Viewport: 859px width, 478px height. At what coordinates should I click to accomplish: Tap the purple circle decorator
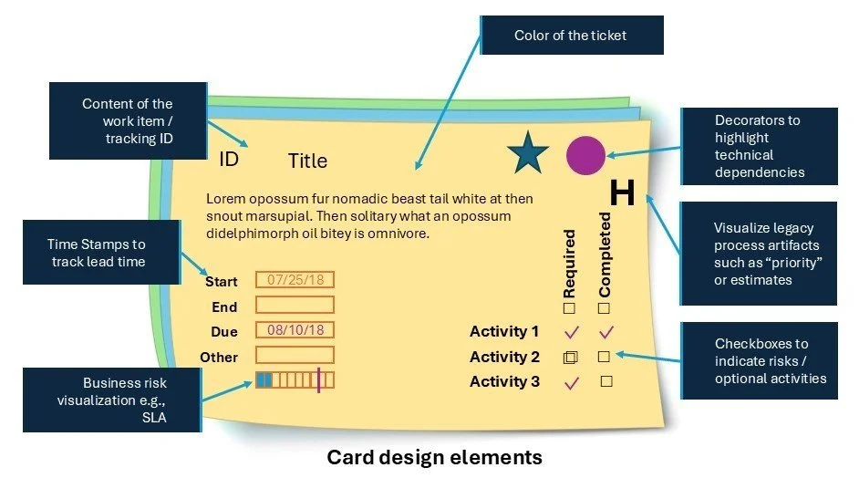coord(585,154)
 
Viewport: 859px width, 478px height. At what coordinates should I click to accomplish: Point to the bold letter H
coord(622,192)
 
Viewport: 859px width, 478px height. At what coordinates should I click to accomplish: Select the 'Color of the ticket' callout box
coord(572,36)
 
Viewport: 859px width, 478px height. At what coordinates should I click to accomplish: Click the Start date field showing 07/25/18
coord(295,280)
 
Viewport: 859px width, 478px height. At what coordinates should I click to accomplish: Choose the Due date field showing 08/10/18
coord(295,330)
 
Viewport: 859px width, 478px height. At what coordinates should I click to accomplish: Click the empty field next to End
coord(295,305)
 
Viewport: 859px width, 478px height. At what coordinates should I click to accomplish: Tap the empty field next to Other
coord(295,355)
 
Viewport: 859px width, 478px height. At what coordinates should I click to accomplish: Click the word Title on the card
coord(307,161)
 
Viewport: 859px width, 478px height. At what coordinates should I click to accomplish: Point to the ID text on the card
coord(229,160)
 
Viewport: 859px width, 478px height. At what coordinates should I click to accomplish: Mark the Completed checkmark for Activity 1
coord(605,332)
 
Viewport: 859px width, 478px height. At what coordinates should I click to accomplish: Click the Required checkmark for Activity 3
coord(572,382)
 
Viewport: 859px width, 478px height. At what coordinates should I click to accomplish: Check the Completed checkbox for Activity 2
coord(604,357)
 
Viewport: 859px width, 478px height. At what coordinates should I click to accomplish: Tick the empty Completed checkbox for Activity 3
coord(605,381)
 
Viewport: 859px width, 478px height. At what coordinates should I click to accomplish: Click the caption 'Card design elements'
coord(434,457)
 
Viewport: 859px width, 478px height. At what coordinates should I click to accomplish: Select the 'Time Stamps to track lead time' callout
coord(97,253)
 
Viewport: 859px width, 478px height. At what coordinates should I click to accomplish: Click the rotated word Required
coord(569,265)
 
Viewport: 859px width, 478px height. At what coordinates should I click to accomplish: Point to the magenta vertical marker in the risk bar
coord(318,379)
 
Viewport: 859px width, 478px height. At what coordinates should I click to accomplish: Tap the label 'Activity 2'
coord(504,357)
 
